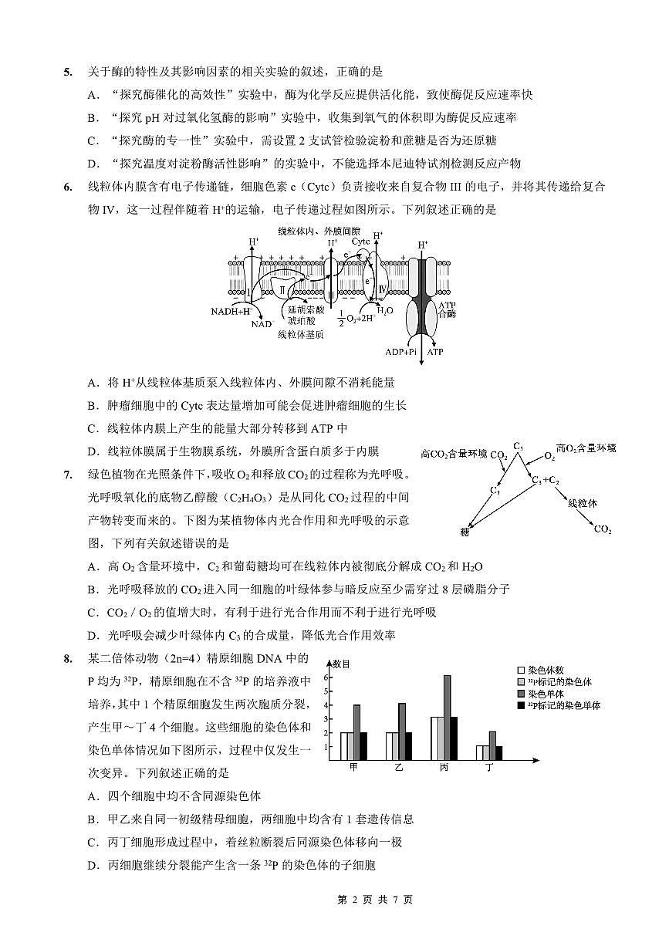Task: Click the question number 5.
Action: tap(68, 73)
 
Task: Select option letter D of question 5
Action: tap(93, 163)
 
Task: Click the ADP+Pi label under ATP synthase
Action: tap(400, 351)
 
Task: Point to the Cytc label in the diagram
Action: tap(361, 242)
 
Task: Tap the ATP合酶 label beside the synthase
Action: tap(448, 310)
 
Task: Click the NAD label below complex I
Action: tap(262, 324)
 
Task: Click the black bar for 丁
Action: tap(499, 753)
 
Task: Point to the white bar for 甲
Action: tap(346, 746)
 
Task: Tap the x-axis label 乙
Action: tap(399, 769)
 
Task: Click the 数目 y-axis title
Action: tap(341, 664)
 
